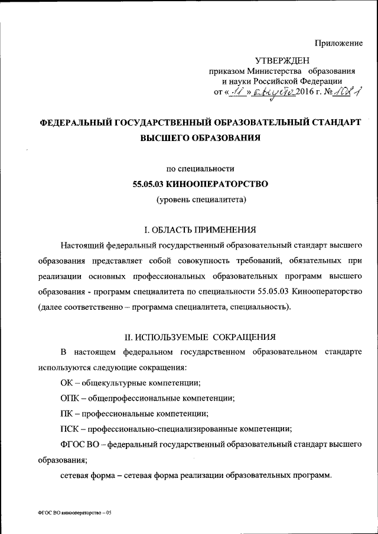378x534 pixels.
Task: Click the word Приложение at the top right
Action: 339,43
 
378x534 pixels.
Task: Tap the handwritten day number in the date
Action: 238,91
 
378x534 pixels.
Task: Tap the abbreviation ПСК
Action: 69,428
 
